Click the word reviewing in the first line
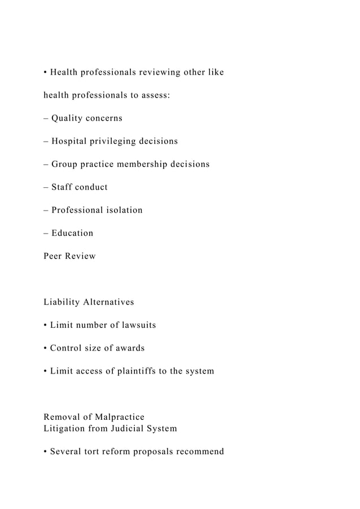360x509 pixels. tap(158, 72)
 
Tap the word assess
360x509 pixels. tap(153, 95)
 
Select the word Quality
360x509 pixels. tap(69, 119)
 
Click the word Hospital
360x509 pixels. tap(70, 141)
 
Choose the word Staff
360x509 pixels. tap(62, 187)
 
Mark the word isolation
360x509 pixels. tap(122, 210)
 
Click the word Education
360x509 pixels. tap(72, 233)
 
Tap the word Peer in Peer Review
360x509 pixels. tap(54, 256)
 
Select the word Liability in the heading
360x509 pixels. tap(62, 302)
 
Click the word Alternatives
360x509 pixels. tap(108, 302)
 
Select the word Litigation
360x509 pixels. tap(65, 428)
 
